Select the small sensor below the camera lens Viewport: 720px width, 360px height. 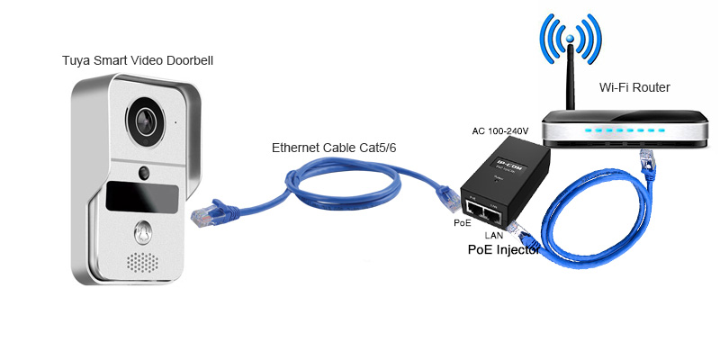(142, 172)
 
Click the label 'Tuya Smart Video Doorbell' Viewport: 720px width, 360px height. (138, 60)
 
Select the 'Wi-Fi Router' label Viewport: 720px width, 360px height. (634, 87)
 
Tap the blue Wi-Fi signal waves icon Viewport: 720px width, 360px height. (570, 40)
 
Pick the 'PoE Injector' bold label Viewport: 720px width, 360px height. (503, 251)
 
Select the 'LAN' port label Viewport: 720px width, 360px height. (493, 235)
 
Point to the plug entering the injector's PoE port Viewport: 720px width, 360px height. (446, 194)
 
